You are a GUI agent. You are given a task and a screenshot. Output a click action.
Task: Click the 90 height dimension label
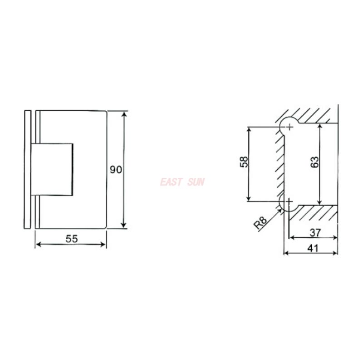tap(116, 170)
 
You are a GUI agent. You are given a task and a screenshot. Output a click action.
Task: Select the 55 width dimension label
tap(72, 239)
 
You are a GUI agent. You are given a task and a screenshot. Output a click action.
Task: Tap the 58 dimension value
tap(244, 162)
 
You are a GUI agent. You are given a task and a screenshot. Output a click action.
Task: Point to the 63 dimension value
tap(315, 162)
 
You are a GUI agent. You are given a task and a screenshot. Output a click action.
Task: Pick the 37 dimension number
tap(315, 232)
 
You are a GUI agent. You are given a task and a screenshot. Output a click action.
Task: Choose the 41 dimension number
tap(313, 248)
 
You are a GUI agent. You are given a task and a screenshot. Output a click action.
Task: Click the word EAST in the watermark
tap(171, 182)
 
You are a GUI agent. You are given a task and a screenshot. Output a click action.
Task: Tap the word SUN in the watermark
tap(196, 182)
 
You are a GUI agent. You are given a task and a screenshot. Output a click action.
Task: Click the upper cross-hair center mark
tap(289, 127)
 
